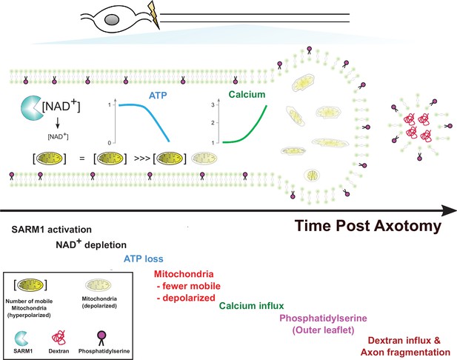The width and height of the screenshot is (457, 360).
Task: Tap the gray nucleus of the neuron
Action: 112,20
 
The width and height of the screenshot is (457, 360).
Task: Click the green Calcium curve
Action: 245,128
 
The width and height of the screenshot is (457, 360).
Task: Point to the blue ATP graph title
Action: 158,96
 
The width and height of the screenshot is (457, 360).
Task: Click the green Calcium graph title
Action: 247,94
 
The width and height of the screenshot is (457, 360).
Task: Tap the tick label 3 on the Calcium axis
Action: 213,104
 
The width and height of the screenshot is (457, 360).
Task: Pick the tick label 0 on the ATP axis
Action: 110,143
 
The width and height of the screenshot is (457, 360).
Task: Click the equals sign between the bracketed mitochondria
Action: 82,159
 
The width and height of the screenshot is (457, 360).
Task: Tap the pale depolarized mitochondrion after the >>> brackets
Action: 204,159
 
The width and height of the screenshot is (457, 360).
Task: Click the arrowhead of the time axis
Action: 450,210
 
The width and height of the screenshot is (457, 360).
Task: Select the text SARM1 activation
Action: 52,230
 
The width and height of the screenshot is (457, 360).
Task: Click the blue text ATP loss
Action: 144,259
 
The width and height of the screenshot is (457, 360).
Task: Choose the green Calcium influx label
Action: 251,305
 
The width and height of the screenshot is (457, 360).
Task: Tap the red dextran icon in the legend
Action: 59,338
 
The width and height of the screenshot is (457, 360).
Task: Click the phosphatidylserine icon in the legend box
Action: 101,338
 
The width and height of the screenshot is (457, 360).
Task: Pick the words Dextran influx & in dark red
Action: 404,340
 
